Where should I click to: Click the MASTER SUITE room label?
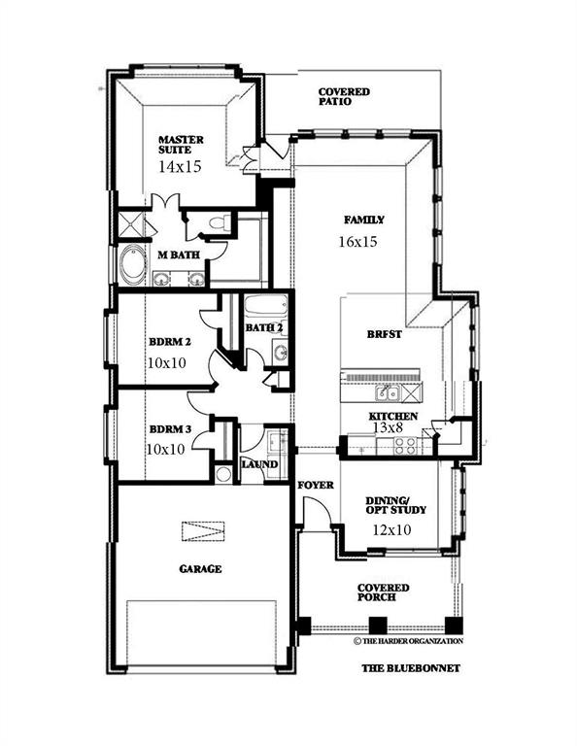[181, 145]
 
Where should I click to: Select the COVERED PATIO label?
[344, 96]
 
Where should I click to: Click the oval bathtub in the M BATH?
[131, 265]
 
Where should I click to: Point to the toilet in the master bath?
[219, 224]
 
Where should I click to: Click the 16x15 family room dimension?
[357, 241]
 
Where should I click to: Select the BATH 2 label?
[264, 328]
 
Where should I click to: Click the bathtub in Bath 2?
[263, 308]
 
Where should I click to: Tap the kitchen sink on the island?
[390, 393]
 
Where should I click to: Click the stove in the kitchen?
[403, 446]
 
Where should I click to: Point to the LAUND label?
[259, 465]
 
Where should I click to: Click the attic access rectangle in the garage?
[202, 531]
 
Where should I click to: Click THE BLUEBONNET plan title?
[410, 668]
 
